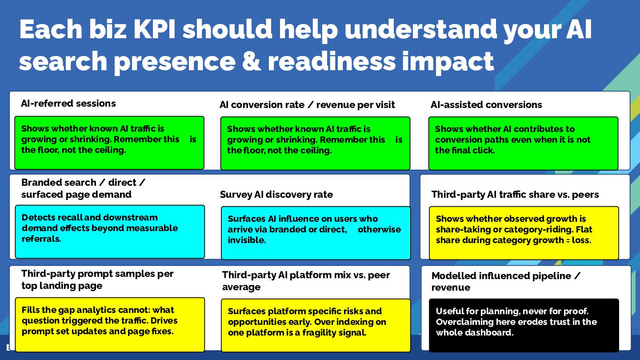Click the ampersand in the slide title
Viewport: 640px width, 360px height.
point(247,61)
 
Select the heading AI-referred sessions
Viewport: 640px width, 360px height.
point(68,104)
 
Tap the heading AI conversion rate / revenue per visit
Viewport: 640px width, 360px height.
point(307,105)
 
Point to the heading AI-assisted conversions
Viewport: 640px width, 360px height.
point(486,105)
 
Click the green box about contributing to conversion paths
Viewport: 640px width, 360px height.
point(523,143)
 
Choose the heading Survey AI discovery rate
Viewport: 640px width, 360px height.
point(276,195)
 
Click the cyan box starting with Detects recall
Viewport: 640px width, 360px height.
point(110,232)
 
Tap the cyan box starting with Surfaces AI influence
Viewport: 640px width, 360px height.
point(316,233)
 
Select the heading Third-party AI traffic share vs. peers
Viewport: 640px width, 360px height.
point(515,195)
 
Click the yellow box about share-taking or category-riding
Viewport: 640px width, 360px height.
point(524,233)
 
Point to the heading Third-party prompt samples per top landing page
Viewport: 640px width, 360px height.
point(97,280)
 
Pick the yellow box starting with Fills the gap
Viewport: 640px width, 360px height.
point(110,324)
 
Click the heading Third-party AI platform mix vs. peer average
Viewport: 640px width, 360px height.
point(306,281)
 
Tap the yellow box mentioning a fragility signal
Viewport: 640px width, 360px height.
point(316,325)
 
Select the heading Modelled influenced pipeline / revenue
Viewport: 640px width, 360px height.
point(506,281)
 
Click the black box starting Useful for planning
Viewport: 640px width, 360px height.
point(524,325)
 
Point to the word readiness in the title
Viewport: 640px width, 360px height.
point(332,61)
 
